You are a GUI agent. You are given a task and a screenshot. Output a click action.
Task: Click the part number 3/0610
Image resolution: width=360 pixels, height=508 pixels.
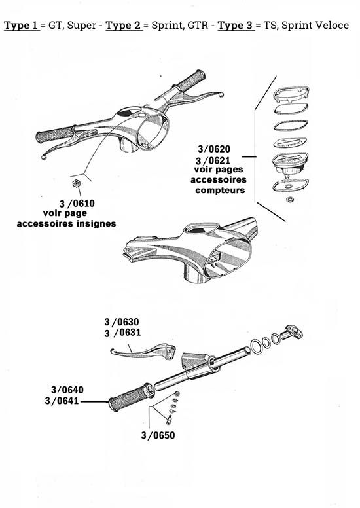coord(77,204)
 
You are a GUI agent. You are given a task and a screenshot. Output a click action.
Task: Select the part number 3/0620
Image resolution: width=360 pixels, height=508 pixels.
coord(213,149)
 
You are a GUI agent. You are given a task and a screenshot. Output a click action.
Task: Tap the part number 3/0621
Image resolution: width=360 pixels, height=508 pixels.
coord(213,160)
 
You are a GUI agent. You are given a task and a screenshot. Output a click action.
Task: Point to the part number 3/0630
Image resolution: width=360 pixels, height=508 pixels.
coord(122,322)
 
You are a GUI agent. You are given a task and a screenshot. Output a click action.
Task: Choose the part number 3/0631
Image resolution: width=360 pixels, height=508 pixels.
coord(122,333)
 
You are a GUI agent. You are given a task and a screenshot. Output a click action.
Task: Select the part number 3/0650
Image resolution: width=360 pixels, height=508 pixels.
coord(158,434)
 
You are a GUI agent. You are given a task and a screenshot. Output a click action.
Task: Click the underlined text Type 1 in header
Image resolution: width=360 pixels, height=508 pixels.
coord(21,26)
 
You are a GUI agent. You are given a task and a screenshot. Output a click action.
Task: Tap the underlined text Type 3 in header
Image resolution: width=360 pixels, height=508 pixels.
coord(234,26)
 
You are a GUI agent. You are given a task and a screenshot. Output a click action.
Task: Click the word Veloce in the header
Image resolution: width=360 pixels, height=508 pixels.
coord(332,26)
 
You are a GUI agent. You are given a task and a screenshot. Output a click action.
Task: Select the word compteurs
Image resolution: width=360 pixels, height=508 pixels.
coord(220,190)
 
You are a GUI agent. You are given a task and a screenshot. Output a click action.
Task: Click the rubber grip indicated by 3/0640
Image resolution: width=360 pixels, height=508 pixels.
coord(131,397)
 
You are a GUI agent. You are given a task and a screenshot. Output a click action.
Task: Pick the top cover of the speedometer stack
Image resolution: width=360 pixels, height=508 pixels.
coord(290,93)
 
